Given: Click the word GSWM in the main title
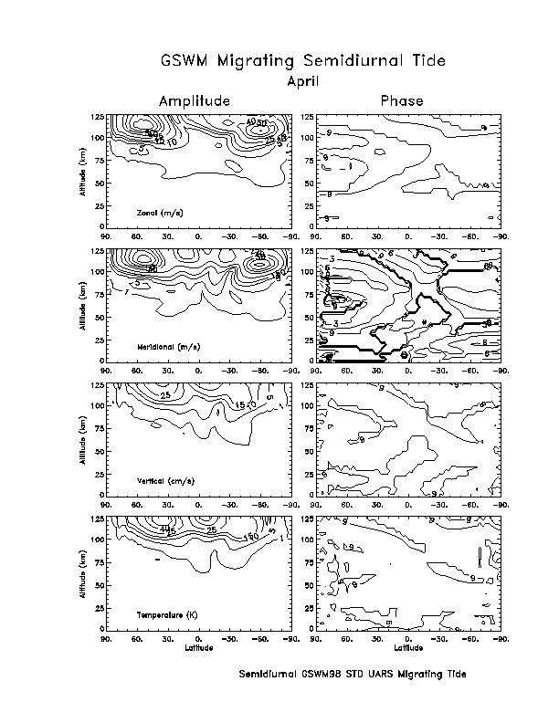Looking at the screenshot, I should [188, 61].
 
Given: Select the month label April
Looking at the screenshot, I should [302, 81].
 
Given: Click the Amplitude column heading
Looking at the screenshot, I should [194, 100].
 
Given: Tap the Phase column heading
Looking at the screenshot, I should [401, 100].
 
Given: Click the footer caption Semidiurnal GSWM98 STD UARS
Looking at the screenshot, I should [352, 675].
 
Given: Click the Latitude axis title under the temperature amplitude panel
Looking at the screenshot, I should [199, 648].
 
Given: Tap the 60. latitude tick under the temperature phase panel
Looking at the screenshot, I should [348, 638].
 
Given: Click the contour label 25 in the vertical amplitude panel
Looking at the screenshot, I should [165, 395].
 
